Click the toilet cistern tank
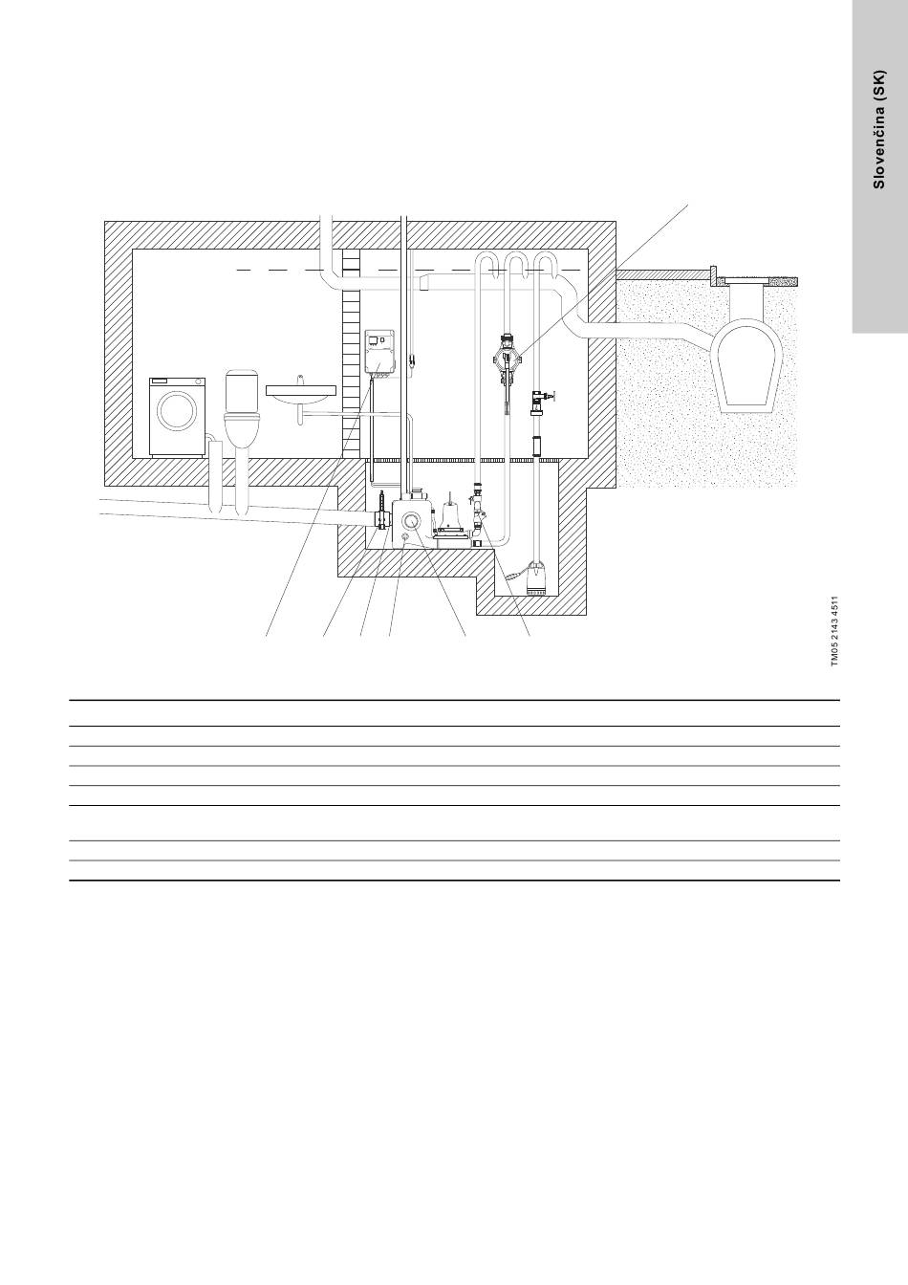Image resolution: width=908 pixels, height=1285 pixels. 245,388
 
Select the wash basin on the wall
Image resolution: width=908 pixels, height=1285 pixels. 298,392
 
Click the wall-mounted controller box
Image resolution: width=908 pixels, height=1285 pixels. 380,352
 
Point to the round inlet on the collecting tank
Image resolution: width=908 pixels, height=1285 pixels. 411,521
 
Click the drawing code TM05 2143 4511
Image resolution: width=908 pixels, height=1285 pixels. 834,631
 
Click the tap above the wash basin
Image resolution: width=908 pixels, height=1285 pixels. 299,381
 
